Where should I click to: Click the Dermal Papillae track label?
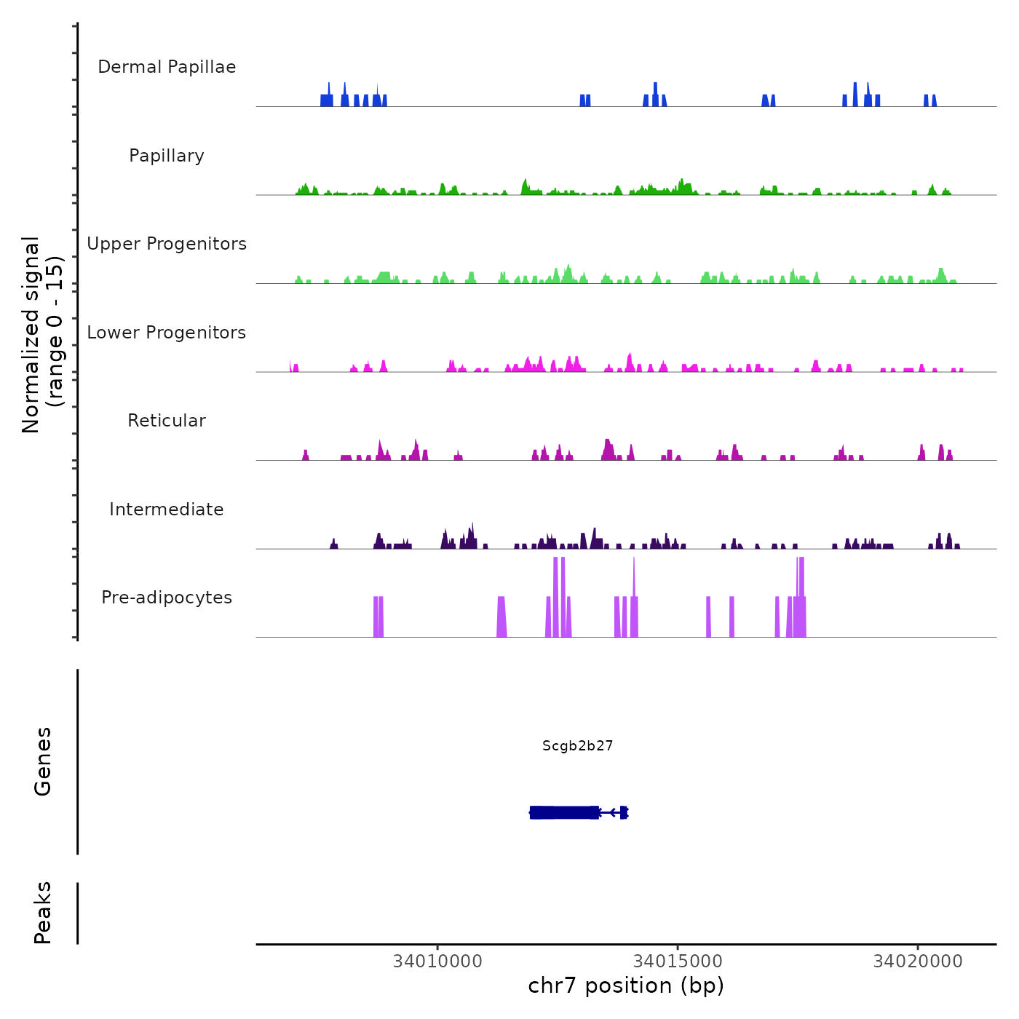point(167,67)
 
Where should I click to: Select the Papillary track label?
point(167,156)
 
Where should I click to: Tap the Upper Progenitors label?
point(167,244)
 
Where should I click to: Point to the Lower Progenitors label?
point(167,333)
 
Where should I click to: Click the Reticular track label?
point(167,421)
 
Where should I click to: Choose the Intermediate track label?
point(167,509)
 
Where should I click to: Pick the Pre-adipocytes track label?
point(167,598)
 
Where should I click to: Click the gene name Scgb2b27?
point(577,745)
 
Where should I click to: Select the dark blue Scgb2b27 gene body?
point(565,812)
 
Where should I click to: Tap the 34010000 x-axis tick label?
point(437,961)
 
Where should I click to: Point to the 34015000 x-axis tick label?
point(678,961)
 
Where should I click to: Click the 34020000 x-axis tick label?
point(918,961)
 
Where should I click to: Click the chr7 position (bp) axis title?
point(626,986)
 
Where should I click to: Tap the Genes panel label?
point(43,761)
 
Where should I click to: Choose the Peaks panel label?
point(43,913)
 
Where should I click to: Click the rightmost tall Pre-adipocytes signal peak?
point(801,597)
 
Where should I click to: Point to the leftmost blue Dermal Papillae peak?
point(327,100)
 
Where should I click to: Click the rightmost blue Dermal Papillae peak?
point(934,100)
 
